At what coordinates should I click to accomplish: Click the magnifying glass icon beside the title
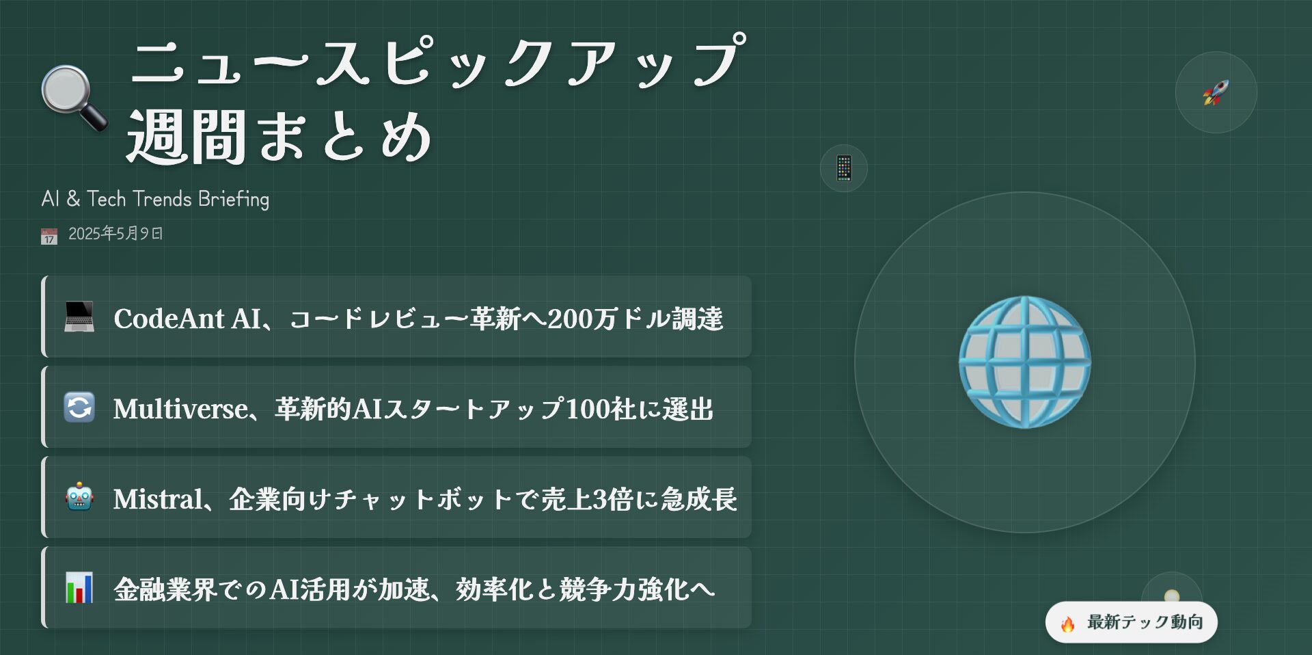(74, 98)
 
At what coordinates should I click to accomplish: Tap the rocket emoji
(1216, 92)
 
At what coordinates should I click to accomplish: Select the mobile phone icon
(844, 168)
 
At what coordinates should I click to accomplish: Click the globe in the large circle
(1024, 362)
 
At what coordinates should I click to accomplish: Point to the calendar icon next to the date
(49, 236)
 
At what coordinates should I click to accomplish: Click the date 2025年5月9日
(115, 234)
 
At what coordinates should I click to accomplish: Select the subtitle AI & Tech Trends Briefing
(155, 199)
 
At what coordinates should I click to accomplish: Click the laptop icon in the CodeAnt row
(79, 317)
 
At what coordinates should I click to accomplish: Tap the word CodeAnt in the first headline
(169, 319)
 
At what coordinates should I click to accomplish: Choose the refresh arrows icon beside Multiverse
(79, 407)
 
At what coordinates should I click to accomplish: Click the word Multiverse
(180, 409)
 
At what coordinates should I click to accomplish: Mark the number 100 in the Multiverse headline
(587, 409)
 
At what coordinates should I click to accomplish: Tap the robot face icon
(79, 497)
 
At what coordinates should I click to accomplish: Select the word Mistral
(158, 499)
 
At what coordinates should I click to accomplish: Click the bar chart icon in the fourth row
(79, 587)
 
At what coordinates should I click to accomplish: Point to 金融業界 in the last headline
(165, 589)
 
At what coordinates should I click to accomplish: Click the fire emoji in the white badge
(1067, 623)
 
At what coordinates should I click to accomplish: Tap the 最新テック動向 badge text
(1145, 622)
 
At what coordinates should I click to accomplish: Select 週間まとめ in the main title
(280, 137)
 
